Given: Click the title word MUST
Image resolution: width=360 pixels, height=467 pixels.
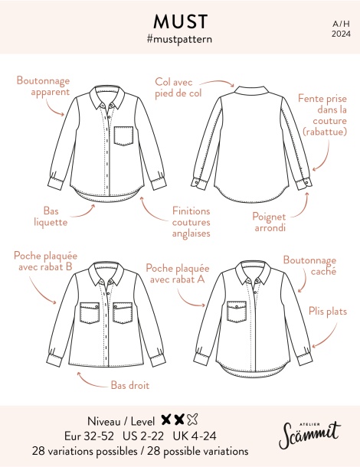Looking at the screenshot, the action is (180, 21).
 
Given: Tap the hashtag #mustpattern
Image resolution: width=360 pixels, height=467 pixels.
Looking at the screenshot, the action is (179, 39).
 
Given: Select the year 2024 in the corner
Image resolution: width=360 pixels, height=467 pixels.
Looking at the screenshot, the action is (341, 34).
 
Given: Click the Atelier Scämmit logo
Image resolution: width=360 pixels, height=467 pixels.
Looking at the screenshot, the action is (309, 434).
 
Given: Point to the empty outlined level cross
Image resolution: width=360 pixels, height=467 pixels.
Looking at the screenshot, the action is (192, 420).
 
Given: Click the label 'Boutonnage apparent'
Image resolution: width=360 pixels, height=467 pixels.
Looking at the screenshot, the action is (43, 86).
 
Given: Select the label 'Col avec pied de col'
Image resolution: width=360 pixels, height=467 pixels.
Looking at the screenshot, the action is (178, 87).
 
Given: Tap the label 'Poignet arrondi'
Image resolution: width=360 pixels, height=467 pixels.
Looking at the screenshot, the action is (269, 222).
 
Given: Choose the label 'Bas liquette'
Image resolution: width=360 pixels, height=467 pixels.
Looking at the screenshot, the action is (51, 217).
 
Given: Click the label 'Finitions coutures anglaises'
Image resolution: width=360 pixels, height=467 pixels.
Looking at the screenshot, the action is (191, 222).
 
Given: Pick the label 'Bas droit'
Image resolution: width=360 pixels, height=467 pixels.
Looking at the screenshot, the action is (130, 385).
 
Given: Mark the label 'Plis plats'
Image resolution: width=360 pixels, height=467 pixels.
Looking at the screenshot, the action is (328, 312).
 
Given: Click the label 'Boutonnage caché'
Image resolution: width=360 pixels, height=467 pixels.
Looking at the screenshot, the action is (309, 266).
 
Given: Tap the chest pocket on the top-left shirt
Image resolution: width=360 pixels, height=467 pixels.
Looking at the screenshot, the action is (123, 136).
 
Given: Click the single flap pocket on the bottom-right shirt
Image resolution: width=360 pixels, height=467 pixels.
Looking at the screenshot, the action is (237, 312).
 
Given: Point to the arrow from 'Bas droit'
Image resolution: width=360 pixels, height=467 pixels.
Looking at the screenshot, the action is (90, 384).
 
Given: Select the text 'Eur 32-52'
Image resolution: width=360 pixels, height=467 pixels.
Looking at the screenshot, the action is (89, 436).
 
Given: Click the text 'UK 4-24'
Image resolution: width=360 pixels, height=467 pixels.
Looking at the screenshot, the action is (195, 436).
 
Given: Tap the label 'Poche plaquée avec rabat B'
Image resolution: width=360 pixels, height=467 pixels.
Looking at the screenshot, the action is (46, 261).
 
